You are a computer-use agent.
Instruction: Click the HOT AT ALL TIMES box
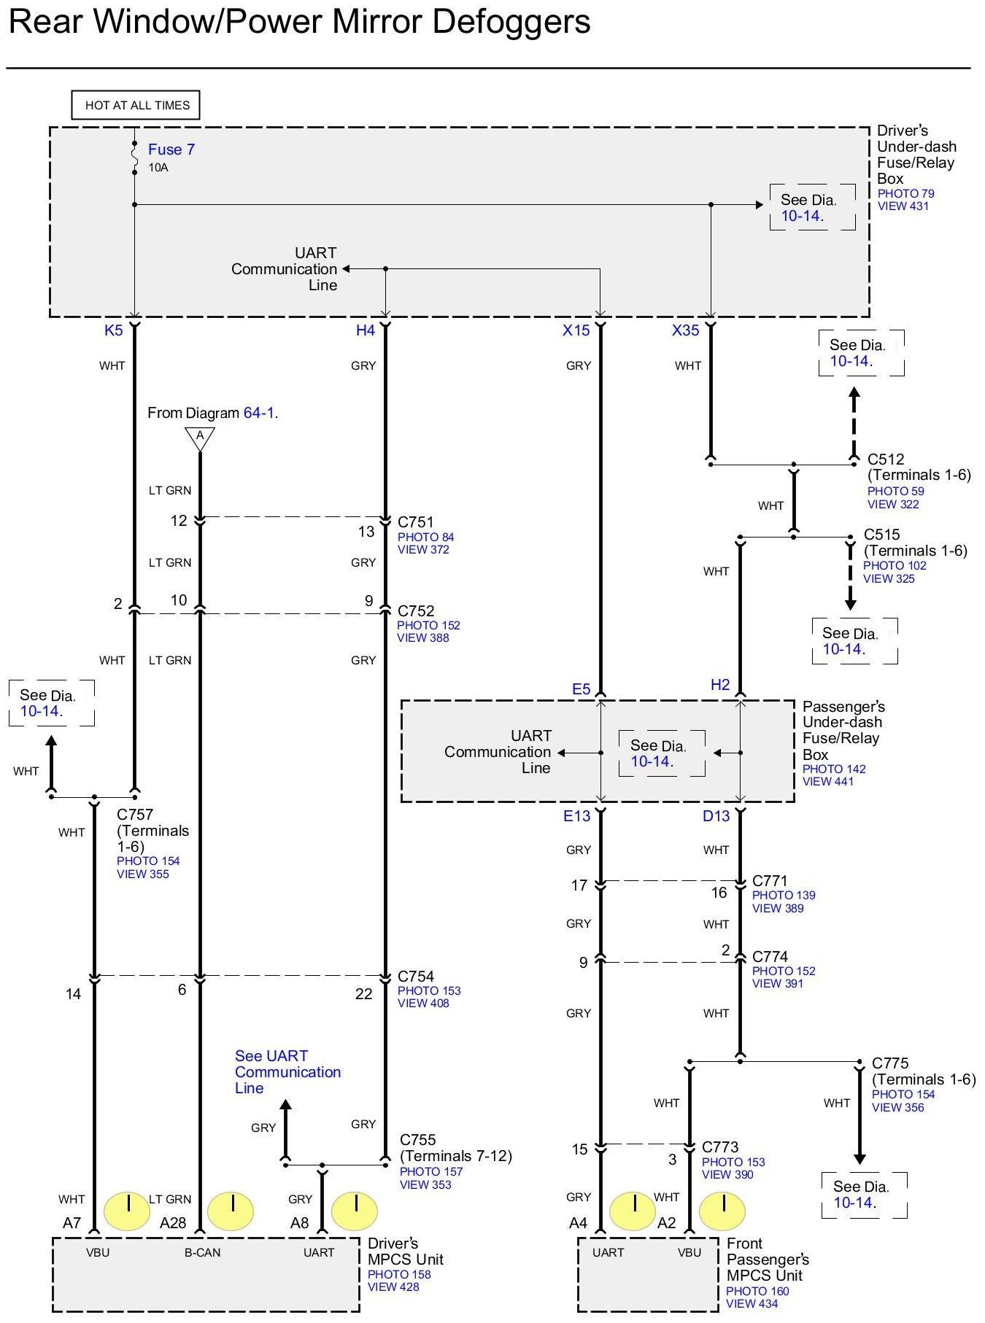tap(136, 105)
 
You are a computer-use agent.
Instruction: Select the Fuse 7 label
tap(171, 150)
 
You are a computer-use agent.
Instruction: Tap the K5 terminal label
tap(114, 330)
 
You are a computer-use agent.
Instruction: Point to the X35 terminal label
tap(685, 330)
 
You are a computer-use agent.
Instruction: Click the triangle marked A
tap(200, 438)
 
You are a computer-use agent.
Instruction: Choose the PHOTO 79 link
tap(905, 193)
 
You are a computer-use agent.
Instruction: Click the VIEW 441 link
tap(829, 781)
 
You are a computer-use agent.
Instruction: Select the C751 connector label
tap(416, 522)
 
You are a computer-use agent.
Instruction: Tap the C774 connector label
tap(770, 956)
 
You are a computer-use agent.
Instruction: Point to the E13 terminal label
tap(576, 816)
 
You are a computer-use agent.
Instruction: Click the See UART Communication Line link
tap(287, 1071)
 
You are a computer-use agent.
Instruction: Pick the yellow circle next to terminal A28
tap(231, 1211)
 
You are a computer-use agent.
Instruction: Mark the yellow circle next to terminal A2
tap(722, 1211)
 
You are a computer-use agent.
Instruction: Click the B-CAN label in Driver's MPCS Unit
tap(202, 1252)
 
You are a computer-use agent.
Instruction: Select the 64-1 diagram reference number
tap(258, 413)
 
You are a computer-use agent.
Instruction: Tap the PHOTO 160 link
tap(757, 1291)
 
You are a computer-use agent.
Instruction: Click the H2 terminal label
tap(720, 685)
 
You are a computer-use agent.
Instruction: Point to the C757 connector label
tap(135, 815)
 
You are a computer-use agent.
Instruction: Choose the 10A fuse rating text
tap(158, 168)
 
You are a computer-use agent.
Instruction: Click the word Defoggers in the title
tap(511, 22)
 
